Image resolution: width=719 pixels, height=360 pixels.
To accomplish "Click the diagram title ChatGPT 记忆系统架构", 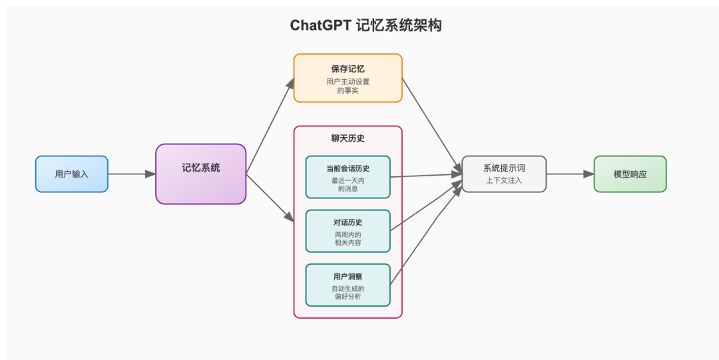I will coord(365,26).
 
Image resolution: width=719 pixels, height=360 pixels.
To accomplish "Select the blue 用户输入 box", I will coord(71,174).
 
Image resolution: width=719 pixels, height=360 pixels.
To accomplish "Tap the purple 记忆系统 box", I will coord(201,174).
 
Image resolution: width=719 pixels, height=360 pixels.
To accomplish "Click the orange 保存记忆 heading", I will coord(348,69).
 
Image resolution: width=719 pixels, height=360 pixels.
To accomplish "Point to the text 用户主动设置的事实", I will coord(348,86).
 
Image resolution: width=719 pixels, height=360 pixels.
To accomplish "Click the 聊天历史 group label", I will coord(348,138).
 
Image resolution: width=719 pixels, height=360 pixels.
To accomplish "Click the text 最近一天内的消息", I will coord(348,184).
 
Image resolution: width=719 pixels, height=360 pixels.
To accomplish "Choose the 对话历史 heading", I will coord(348,222).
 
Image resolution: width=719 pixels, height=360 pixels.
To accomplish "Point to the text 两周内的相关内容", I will coord(348,239).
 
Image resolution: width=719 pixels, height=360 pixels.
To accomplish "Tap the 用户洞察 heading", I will coord(348,276).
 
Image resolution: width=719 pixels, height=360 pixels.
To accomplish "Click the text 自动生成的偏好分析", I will coord(348,293).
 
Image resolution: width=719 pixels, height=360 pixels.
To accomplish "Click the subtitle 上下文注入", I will coord(504,180).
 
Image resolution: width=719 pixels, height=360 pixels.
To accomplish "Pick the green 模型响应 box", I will coord(630,174).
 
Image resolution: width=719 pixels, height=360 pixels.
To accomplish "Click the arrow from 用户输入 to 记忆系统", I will coord(131,174).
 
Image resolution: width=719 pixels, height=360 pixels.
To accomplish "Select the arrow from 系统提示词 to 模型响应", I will coord(570,174).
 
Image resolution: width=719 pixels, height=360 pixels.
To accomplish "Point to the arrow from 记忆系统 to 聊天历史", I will coord(270,198).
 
